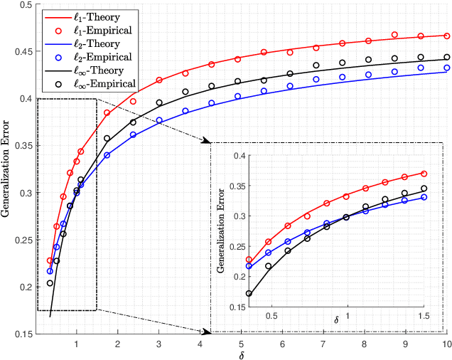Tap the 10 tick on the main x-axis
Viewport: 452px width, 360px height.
click(x=446, y=344)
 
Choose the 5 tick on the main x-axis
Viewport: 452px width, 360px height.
click(x=242, y=344)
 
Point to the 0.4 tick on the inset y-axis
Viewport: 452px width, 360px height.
click(x=237, y=155)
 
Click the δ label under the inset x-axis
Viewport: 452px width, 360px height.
click(x=337, y=322)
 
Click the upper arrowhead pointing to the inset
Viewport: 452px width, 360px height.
click(x=208, y=142)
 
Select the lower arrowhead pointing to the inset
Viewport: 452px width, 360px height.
click(x=208, y=331)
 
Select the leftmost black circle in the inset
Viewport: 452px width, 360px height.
click(x=249, y=293)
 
